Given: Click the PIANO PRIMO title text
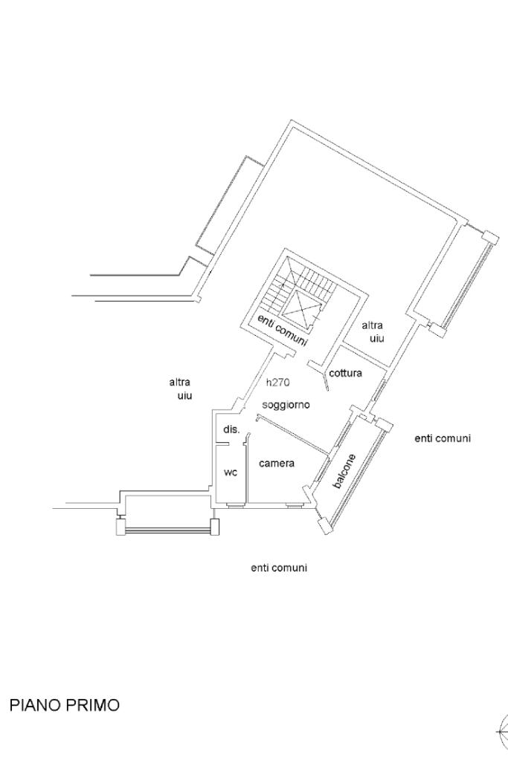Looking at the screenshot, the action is tap(64, 705).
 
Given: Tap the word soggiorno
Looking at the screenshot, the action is tap(286, 405).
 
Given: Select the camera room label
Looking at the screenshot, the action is tap(277, 464).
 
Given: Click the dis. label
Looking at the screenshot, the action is tap(231, 430).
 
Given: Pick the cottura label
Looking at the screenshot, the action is tap(345, 373).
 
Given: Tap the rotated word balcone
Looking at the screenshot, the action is tap(344, 470).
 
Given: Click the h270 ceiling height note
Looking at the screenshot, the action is tap(277, 383).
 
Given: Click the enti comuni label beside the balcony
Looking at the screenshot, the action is tap(443, 438).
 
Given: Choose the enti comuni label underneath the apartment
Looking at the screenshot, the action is tap(279, 568).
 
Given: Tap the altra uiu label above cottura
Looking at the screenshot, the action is tap(372, 331).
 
